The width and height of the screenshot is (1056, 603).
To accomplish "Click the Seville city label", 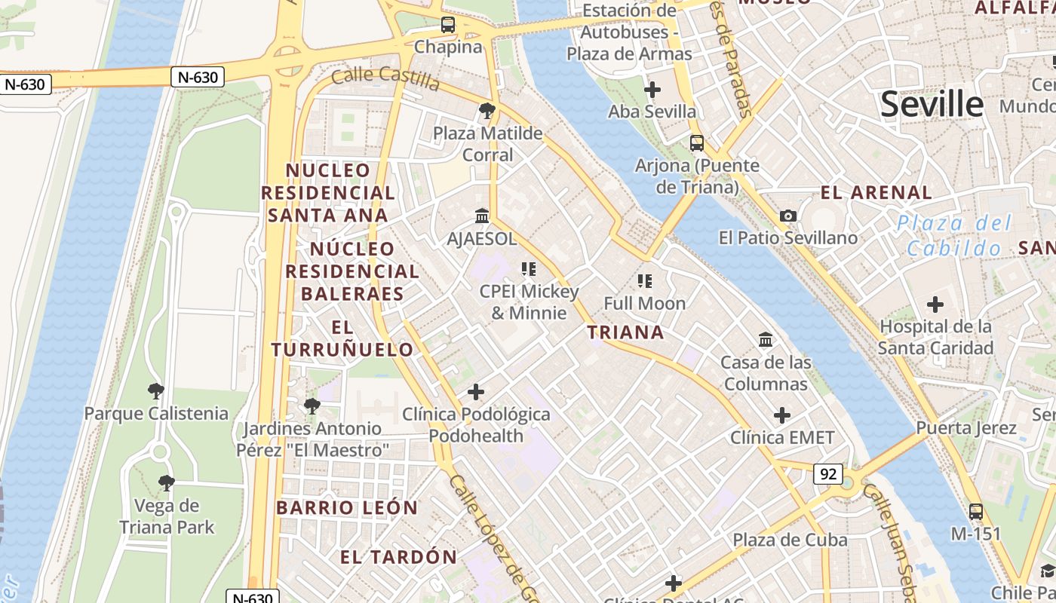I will click(932, 103).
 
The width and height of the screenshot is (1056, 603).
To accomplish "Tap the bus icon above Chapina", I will click(448, 24).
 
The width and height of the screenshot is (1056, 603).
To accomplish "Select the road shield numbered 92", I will click(827, 473).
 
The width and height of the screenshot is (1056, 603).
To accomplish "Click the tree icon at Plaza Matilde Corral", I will click(487, 111).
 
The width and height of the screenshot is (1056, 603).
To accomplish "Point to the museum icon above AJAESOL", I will click(482, 217).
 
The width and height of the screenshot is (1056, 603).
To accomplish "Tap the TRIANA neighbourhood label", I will click(625, 332).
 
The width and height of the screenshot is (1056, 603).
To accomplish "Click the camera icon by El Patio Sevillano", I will click(788, 216).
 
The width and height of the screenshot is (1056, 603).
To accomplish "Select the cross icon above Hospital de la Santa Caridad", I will click(935, 305).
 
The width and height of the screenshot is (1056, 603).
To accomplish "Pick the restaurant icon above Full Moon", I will click(644, 281).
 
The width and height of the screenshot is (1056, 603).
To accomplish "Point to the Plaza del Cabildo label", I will click(954, 235).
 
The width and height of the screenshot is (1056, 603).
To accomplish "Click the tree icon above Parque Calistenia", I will click(156, 390).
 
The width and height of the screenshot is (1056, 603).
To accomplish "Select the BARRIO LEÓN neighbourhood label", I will click(346, 508).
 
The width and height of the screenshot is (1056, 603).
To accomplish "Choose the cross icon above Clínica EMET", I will click(782, 415).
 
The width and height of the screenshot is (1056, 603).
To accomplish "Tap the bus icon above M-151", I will click(975, 512).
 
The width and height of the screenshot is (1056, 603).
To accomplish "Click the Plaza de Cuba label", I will click(790, 540).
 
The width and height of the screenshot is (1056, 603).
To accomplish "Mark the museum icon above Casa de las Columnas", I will click(766, 340).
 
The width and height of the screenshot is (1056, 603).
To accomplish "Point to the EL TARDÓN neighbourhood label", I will click(398, 558).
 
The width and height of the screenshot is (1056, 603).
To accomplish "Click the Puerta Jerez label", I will click(966, 428).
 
